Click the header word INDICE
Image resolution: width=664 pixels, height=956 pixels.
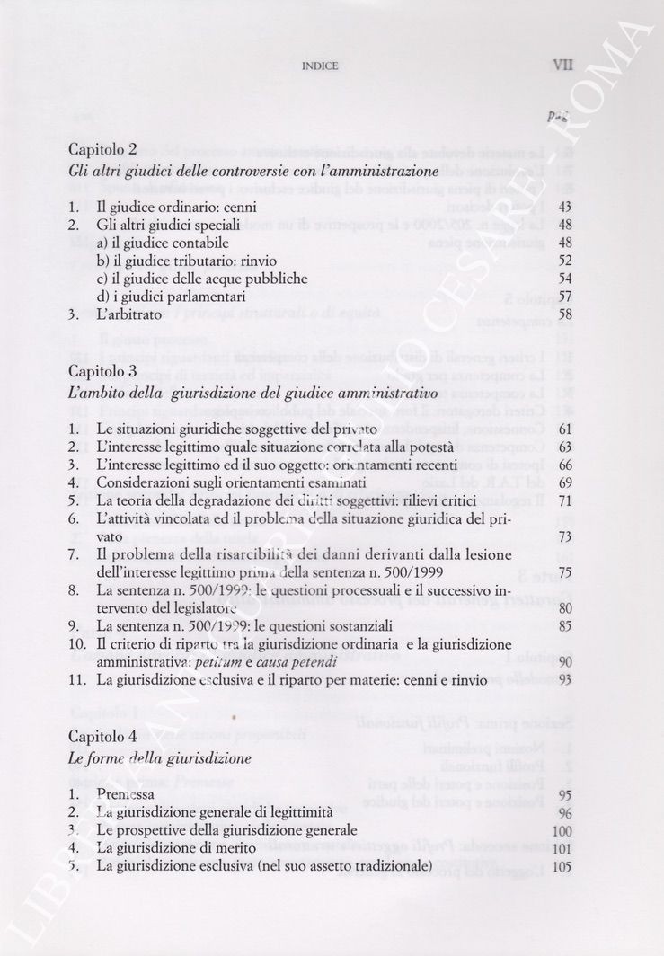point(320,66)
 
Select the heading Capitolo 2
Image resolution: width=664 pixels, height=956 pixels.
point(102,149)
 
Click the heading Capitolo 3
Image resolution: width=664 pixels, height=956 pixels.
point(102,370)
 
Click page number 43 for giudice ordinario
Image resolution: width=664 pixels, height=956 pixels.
point(564,207)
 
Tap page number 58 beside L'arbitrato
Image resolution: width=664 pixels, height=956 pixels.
point(564,314)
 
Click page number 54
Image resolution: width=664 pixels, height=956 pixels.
point(564,279)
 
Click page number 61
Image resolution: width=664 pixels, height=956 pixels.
point(564,429)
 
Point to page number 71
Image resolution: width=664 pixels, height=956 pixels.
point(564,500)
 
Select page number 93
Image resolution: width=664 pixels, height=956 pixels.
point(564,680)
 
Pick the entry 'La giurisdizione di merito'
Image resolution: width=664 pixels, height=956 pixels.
point(178,848)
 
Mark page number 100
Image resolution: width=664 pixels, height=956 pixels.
point(562,830)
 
